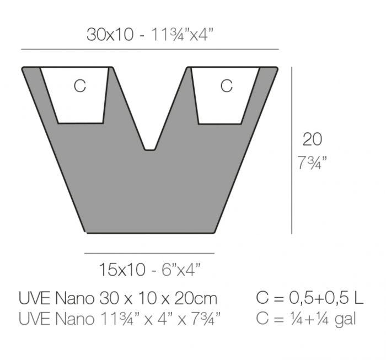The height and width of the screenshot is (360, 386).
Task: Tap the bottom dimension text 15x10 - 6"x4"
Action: click(x=149, y=270)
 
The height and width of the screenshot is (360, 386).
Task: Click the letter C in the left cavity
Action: click(x=80, y=86)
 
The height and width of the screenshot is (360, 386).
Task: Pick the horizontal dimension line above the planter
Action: click(x=149, y=50)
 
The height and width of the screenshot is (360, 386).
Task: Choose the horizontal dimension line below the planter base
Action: click(x=149, y=253)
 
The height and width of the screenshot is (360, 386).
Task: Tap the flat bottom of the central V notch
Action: click(x=149, y=149)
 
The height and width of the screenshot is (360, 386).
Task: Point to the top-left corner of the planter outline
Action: click(x=23, y=68)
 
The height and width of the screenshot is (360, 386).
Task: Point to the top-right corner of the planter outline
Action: click(x=276, y=68)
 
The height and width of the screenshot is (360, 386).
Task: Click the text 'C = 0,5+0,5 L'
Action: click(x=310, y=298)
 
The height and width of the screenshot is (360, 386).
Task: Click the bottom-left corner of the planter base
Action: click(x=87, y=232)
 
